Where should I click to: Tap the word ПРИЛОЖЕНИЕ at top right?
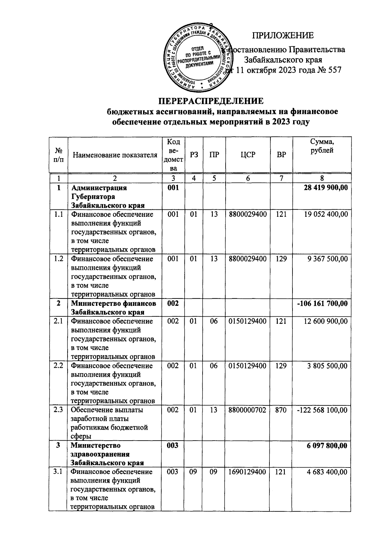(x=283, y=35)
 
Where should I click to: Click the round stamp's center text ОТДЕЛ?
(x=199, y=49)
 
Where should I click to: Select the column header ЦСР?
(x=248, y=155)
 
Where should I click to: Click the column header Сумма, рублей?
(x=322, y=146)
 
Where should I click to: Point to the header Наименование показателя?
(x=115, y=155)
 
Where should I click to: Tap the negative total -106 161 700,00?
(x=323, y=303)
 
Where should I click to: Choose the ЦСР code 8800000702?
(x=248, y=410)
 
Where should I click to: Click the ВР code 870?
(x=281, y=410)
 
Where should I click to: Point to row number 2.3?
(x=58, y=410)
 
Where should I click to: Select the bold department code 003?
(x=173, y=445)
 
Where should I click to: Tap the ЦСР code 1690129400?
(x=248, y=472)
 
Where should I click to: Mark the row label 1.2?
(x=58, y=259)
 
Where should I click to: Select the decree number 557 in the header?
(x=333, y=70)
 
